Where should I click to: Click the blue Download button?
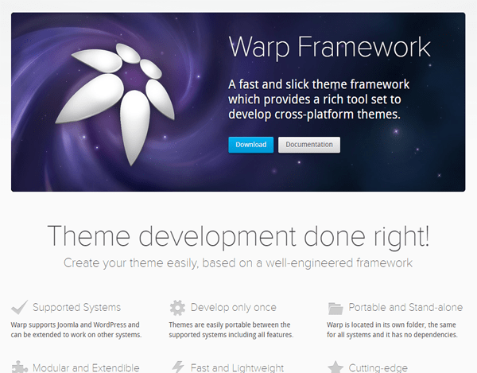click(x=251, y=145)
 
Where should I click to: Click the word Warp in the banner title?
click(x=259, y=47)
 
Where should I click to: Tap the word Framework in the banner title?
click(x=364, y=46)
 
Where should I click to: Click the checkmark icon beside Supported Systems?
click(x=19, y=307)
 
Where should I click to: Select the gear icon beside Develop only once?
click(x=177, y=308)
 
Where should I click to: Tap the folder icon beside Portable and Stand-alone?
click(x=335, y=309)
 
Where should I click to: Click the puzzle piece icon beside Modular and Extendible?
click(x=19, y=367)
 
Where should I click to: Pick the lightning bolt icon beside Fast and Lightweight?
click(x=178, y=367)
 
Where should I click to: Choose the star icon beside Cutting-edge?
click(x=335, y=367)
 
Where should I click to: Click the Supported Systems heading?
click(x=76, y=308)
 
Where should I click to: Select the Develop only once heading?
click(x=233, y=308)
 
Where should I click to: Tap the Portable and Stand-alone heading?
click(x=405, y=307)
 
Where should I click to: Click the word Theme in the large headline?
click(x=89, y=235)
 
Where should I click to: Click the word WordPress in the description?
click(x=110, y=324)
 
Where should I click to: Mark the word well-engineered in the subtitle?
click(x=309, y=263)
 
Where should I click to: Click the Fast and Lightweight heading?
click(x=237, y=367)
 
